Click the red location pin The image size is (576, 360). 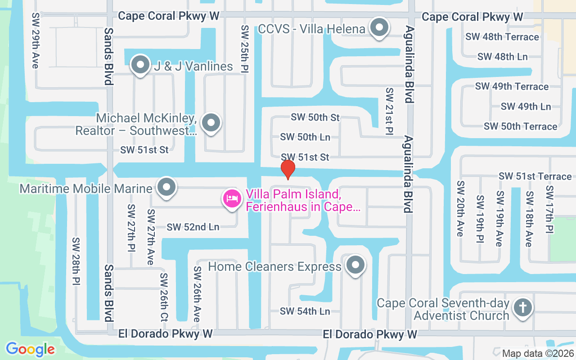(288, 169)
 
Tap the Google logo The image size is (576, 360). (30, 349)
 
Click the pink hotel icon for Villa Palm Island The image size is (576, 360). (232, 198)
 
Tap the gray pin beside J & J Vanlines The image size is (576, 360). (140, 65)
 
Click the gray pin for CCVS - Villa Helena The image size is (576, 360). (379, 27)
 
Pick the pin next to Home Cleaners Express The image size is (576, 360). (356, 265)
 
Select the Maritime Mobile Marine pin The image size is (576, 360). (167, 187)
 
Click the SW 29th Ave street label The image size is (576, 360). (35, 40)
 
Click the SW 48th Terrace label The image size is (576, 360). (502, 37)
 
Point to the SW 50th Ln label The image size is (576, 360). (305, 137)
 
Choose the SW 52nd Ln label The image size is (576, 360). (193, 227)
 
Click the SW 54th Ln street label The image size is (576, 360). (305, 311)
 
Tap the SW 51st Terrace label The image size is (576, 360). (535, 176)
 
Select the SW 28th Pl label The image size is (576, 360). (76, 261)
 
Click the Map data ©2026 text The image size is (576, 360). (537, 354)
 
